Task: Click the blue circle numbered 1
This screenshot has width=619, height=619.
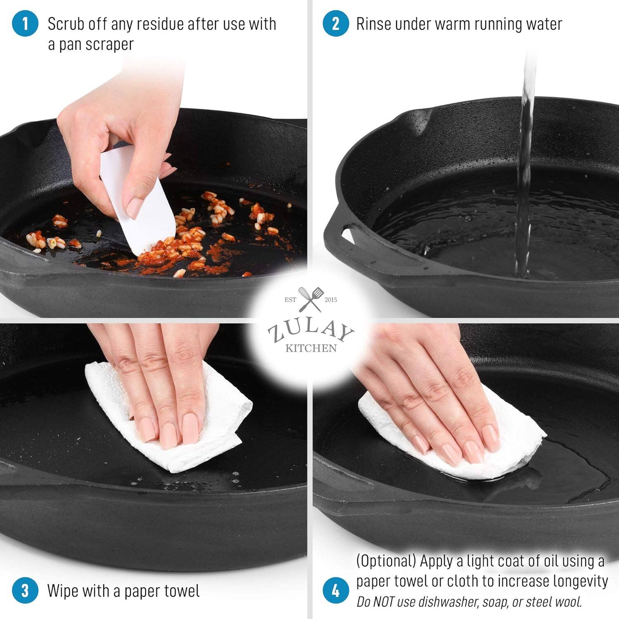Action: [25, 24]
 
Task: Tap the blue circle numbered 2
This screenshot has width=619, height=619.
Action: [335, 24]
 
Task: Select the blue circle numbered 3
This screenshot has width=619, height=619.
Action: [25, 591]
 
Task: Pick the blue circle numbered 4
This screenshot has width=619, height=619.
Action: [335, 591]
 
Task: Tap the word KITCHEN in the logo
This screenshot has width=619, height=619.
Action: [311, 348]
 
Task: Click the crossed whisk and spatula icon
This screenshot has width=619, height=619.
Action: [310, 299]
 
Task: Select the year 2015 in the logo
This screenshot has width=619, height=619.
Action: [331, 300]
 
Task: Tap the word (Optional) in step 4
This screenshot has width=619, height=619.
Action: [386, 561]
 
